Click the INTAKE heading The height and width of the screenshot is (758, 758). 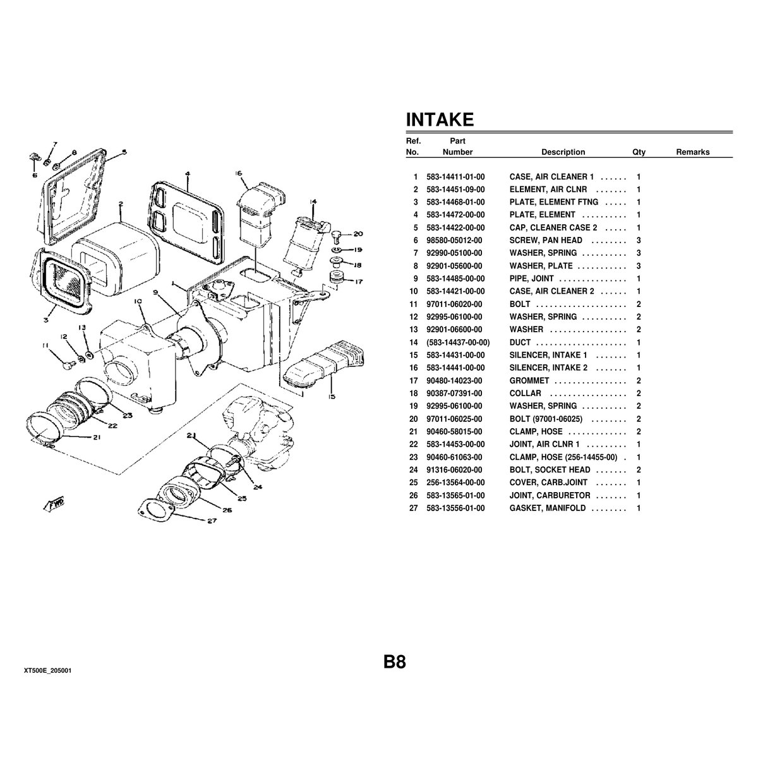[440, 119]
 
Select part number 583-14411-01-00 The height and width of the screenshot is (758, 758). [455, 177]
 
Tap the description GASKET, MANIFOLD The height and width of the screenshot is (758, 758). [548, 508]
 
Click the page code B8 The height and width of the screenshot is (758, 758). [395, 662]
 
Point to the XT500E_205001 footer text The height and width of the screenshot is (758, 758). [47, 671]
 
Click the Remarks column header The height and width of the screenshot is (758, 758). [693, 152]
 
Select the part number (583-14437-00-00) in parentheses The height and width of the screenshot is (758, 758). [458, 342]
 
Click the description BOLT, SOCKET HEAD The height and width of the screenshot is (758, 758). [550, 470]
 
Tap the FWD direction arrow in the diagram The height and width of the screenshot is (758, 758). [55, 505]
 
